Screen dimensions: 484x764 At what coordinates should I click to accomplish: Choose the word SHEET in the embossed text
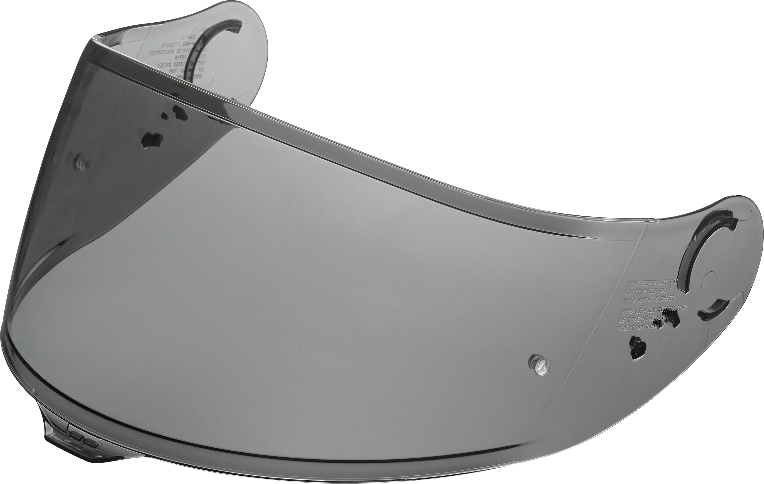667,299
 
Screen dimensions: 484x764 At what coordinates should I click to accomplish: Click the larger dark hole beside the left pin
151,140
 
